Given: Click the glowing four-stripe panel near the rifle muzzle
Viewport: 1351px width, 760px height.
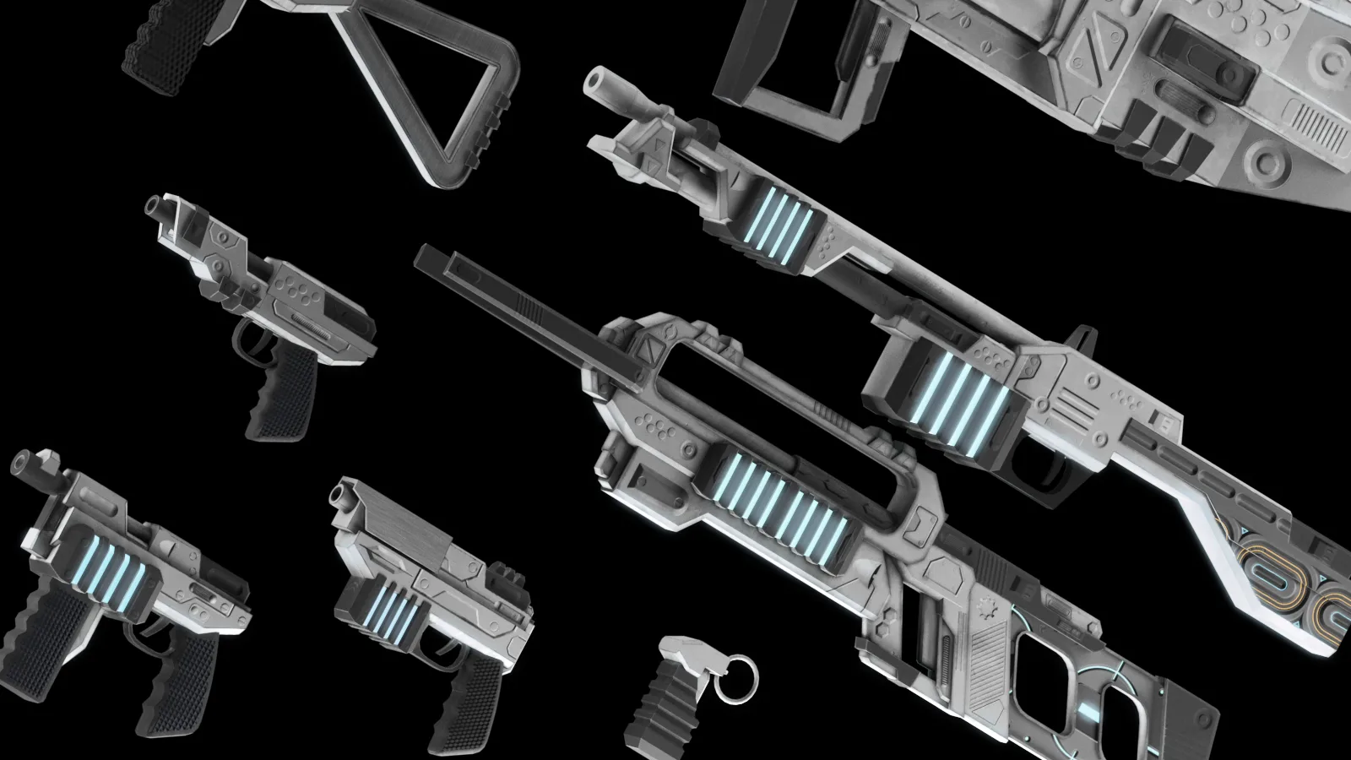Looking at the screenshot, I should coord(781,218).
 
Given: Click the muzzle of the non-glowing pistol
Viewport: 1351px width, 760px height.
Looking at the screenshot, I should coord(156,207).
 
